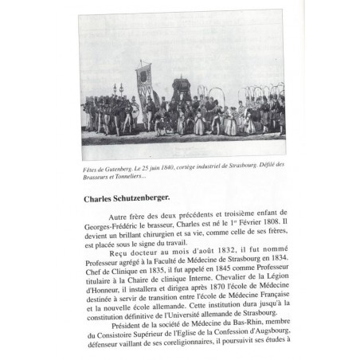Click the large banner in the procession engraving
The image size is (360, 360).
pyautogui.click(x=143, y=80)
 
